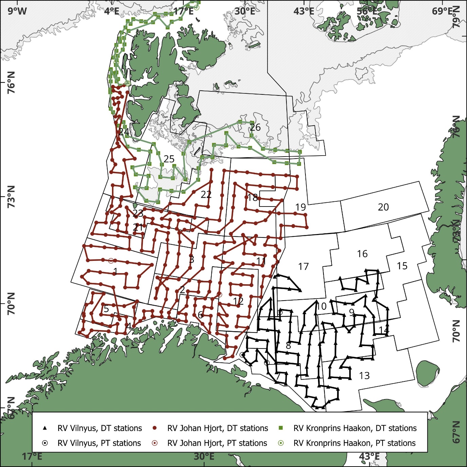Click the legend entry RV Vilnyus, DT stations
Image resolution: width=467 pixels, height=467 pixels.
tap(99, 428)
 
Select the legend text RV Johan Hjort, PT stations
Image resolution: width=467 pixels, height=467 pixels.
tap(217, 443)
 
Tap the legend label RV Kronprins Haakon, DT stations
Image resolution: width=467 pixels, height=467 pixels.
tap(355, 428)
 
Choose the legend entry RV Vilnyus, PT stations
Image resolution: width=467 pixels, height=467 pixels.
tap(99, 443)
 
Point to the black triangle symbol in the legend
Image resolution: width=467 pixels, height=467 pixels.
tap(45, 428)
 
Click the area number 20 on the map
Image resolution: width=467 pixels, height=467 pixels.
tap(383, 207)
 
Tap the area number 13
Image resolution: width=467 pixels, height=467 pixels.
tap(364, 376)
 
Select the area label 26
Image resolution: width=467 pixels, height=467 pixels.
tap(255, 127)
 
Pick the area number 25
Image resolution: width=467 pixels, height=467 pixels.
tap(169, 159)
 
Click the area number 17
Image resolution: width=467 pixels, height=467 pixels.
tap(303, 267)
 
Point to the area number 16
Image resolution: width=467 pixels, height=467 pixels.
tap(362, 254)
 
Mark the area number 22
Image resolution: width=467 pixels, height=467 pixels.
tap(206, 194)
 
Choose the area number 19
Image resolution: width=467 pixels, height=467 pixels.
tap(301, 207)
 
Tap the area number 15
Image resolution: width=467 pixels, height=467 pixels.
tap(402, 266)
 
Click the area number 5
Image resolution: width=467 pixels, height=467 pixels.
tap(106, 309)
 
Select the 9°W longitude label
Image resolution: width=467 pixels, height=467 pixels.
tap(17, 11)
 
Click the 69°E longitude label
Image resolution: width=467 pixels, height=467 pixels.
tap(443, 11)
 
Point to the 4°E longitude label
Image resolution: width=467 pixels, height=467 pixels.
tap(112, 11)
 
